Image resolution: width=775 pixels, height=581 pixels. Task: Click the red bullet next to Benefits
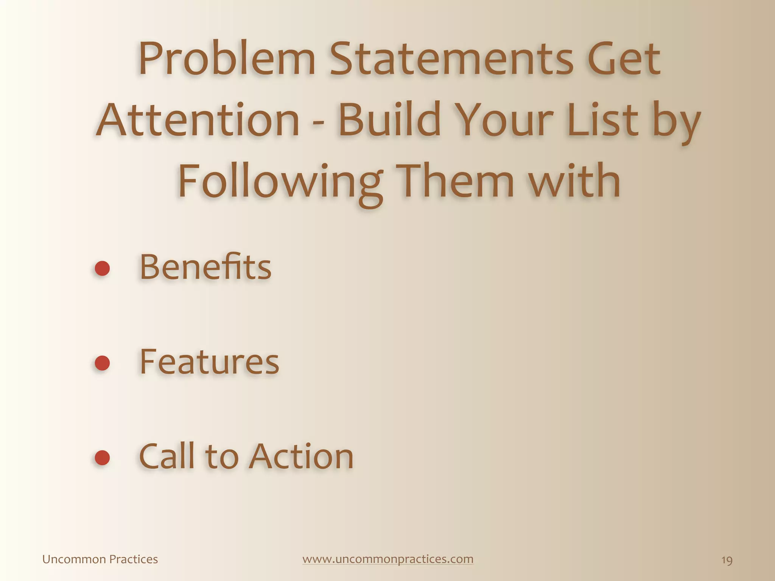102,269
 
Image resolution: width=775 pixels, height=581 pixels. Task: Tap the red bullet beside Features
102,363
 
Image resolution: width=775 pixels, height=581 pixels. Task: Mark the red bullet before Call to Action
102,458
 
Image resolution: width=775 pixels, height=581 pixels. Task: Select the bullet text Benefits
205,267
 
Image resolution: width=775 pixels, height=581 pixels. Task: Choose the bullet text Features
209,362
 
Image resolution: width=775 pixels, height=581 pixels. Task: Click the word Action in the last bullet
301,456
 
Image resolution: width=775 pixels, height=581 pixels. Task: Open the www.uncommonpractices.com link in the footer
388,559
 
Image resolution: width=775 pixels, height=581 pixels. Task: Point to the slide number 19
727,560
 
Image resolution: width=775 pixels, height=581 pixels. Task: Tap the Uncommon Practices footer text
100,559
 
